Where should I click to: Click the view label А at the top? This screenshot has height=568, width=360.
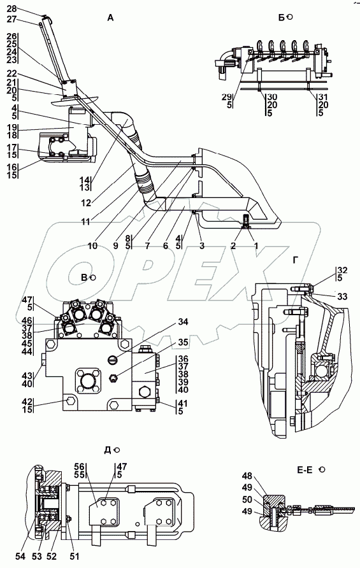(x=110, y=17)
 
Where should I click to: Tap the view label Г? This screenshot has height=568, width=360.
(x=296, y=260)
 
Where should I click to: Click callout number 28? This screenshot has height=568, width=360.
(x=12, y=9)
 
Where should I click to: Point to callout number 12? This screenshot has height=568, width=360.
(x=86, y=203)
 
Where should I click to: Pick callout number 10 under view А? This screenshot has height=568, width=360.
(x=92, y=246)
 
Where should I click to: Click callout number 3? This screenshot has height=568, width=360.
(x=202, y=246)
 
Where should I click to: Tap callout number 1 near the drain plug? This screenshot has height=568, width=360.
(x=256, y=246)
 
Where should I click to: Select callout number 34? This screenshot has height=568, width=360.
(x=183, y=322)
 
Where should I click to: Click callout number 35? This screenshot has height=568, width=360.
(x=183, y=343)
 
